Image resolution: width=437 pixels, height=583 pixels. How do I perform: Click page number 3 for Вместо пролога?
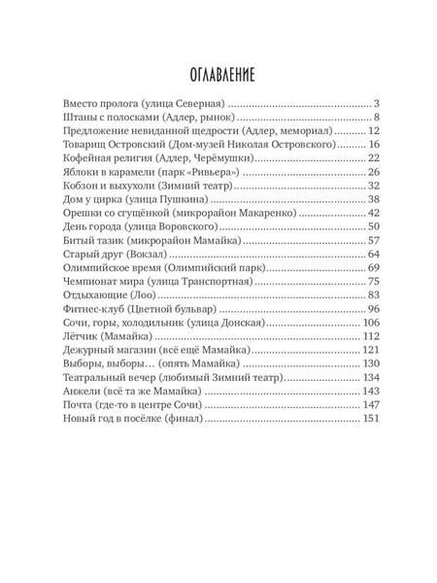[375, 102]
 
